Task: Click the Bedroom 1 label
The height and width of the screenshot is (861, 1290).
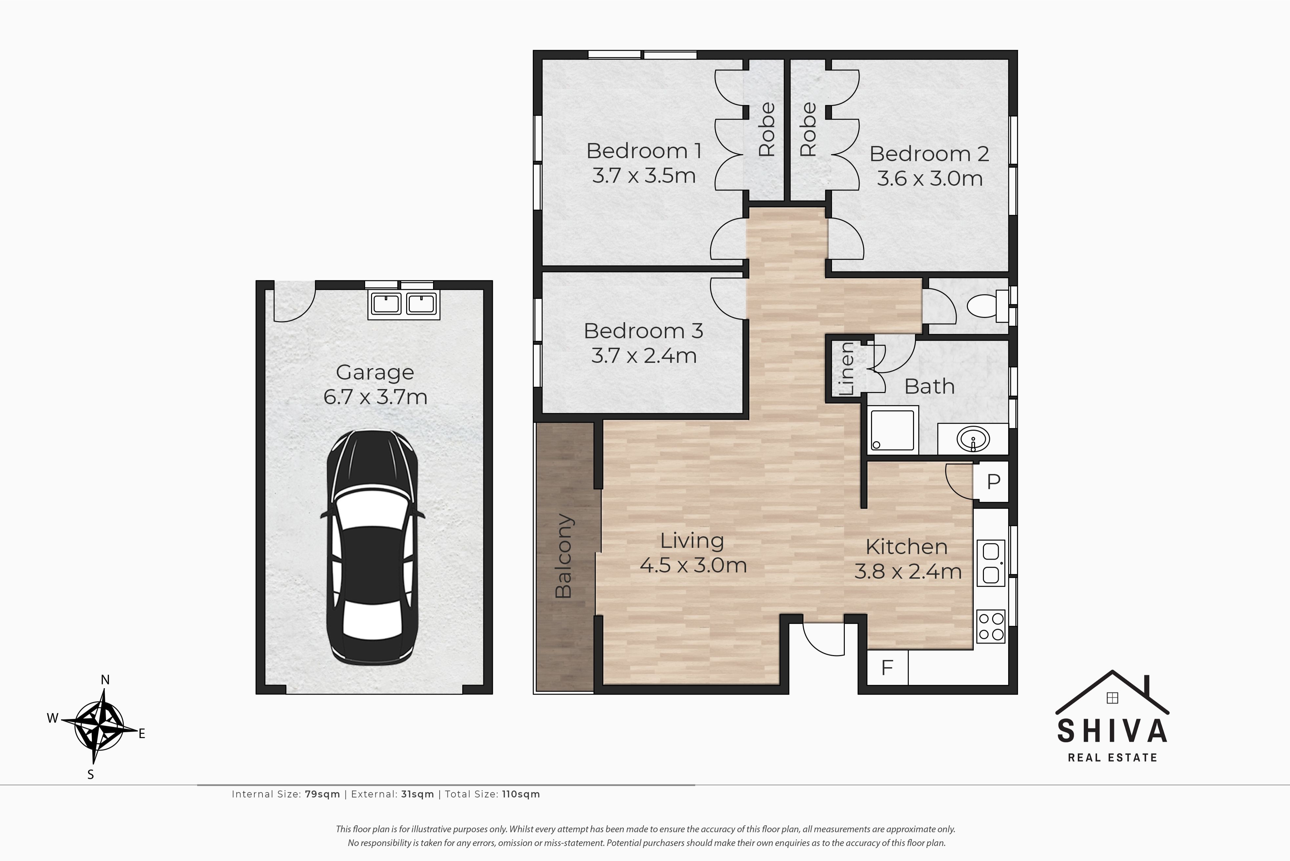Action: (x=644, y=151)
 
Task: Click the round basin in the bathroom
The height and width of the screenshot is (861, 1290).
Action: (x=973, y=439)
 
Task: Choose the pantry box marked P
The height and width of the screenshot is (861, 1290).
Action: (x=993, y=482)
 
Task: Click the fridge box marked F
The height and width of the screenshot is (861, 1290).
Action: (x=887, y=667)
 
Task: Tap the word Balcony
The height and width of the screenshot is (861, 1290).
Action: (x=564, y=556)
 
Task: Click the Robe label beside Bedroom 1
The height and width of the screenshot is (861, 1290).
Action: (x=767, y=130)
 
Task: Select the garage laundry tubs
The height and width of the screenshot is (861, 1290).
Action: (x=404, y=304)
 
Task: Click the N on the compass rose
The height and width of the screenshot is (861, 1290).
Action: (x=105, y=680)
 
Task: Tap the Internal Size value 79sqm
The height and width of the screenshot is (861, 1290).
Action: (x=322, y=794)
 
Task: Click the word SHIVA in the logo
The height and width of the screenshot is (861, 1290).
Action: (x=1113, y=731)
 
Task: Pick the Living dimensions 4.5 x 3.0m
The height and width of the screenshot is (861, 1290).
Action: (x=693, y=565)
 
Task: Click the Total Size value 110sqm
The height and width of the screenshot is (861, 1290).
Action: (x=521, y=794)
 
